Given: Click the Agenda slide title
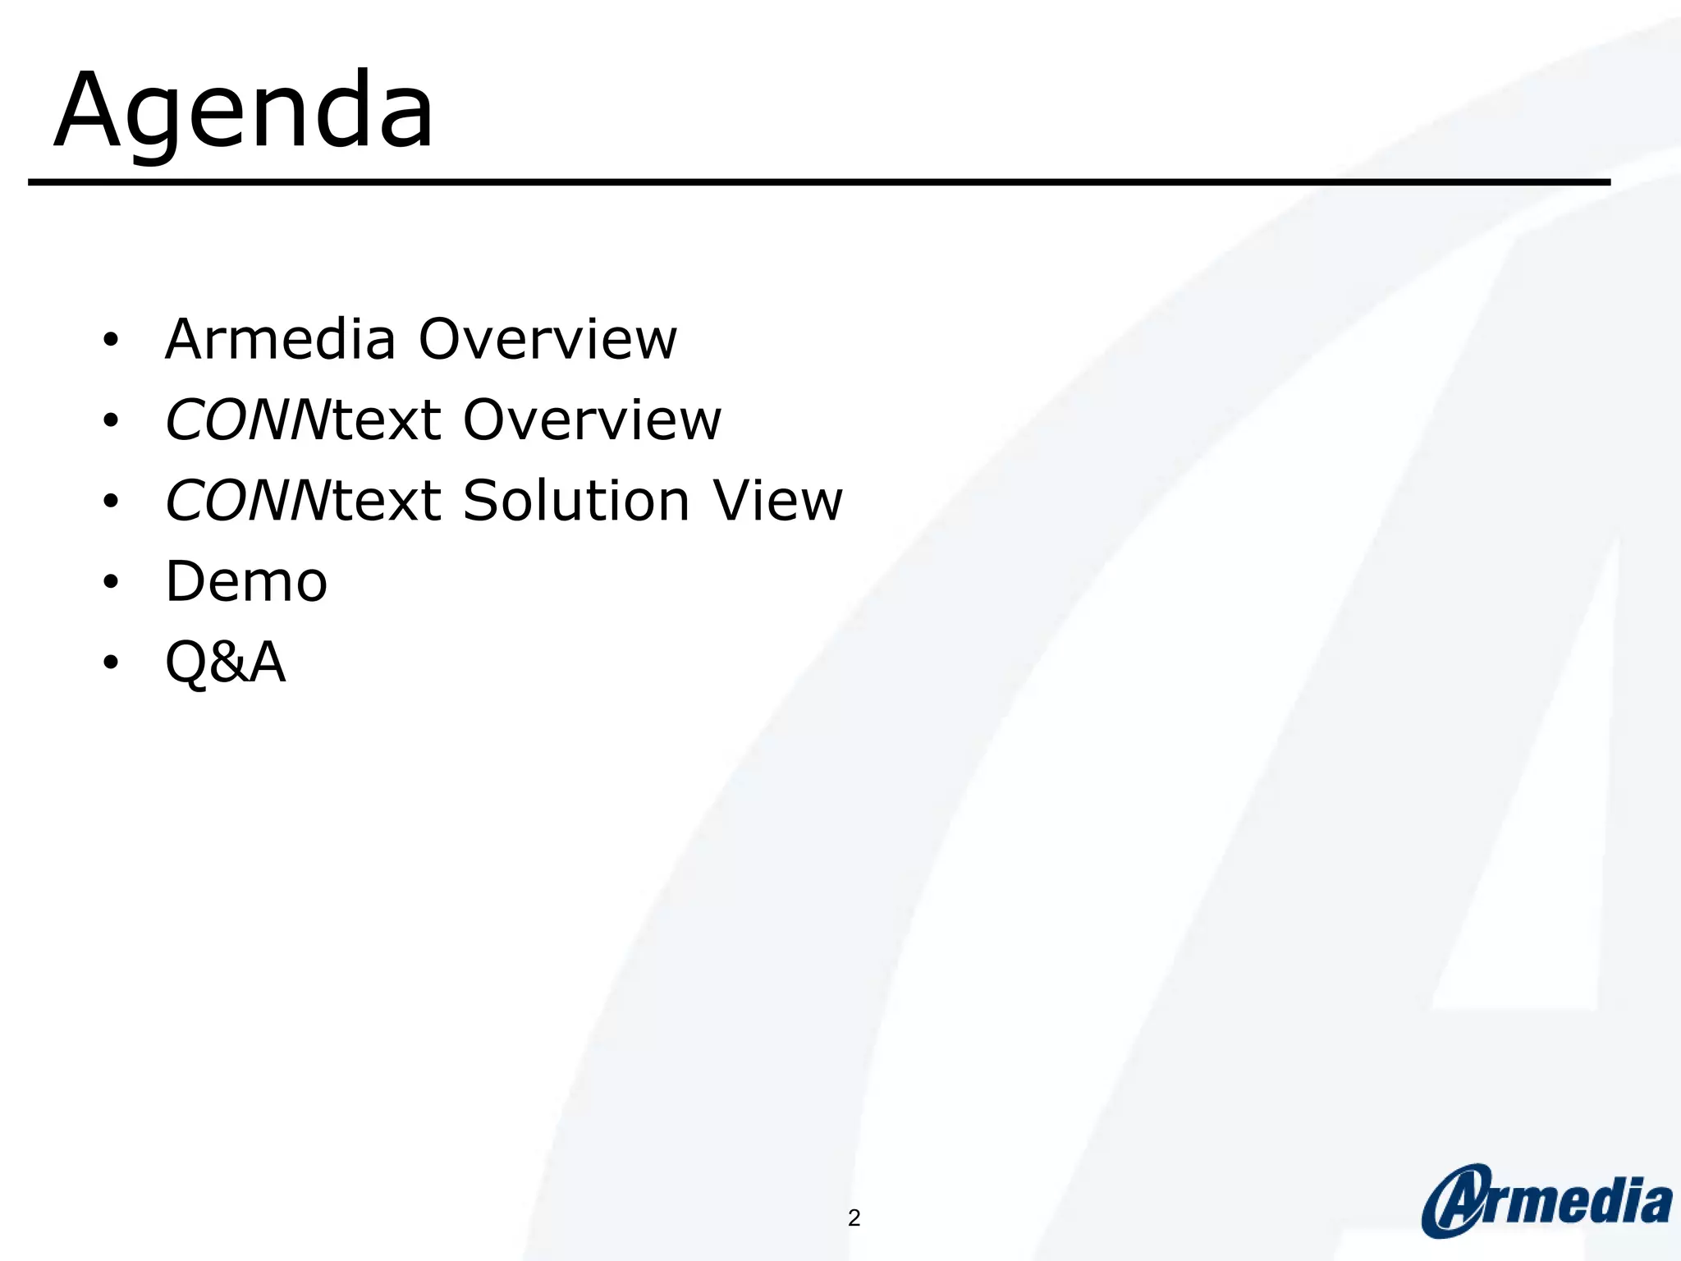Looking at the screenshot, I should pos(244,111).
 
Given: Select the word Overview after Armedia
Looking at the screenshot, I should pos(548,339).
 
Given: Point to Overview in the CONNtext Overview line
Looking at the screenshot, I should pos(592,420).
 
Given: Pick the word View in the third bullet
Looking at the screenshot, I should pos(777,500).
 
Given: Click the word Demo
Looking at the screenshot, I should pos(246,581).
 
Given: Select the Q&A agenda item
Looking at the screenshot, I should pos(226,662).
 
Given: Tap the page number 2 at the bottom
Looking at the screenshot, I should pos(854,1217).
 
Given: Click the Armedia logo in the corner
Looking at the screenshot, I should pos(1547,1200).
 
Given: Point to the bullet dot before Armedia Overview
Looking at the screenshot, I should pos(111,340).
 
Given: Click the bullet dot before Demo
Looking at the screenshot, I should pos(111,582).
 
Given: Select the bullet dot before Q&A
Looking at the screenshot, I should pos(111,663).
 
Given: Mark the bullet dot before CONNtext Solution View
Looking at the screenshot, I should pos(111,501).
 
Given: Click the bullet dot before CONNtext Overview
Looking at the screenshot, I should pos(111,420).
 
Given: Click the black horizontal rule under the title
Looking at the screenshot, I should pos(819,181).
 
